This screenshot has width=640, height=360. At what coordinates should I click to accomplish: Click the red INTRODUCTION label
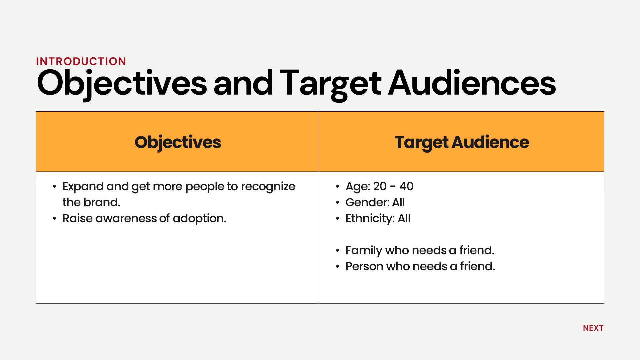(x=81, y=61)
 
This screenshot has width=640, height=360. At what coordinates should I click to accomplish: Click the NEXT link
(x=593, y=328)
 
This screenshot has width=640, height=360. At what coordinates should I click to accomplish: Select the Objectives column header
(x=178, y=142)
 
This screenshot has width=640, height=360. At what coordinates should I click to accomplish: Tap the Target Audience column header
(x=462, y=142)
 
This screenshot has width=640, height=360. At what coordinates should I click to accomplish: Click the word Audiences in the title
(x=472, y=83)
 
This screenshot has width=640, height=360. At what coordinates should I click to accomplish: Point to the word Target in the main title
(x=331, y=84)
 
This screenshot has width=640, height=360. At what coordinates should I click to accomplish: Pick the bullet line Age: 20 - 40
(x=379, y=186)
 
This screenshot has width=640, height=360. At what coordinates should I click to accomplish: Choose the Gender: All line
(x=375, y=202)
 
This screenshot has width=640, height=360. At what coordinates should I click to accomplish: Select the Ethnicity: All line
(x=378, y=218)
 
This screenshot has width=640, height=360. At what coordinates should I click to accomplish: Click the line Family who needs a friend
(x=420, y=250)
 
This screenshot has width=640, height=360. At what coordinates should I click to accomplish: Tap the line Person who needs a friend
(x=420, y=266)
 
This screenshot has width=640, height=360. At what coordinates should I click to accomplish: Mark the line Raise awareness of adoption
(x=144, y=218)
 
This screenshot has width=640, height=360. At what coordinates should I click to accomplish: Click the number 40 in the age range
(x=406, y=186)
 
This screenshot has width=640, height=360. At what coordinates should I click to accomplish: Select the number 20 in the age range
(x=380, y=186)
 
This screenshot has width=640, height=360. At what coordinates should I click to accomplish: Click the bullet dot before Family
(x=338, y=250)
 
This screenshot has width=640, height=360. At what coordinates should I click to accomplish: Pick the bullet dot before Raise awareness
(x=54, y=218)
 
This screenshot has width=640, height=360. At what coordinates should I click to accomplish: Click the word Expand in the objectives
(x=83, y=187)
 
